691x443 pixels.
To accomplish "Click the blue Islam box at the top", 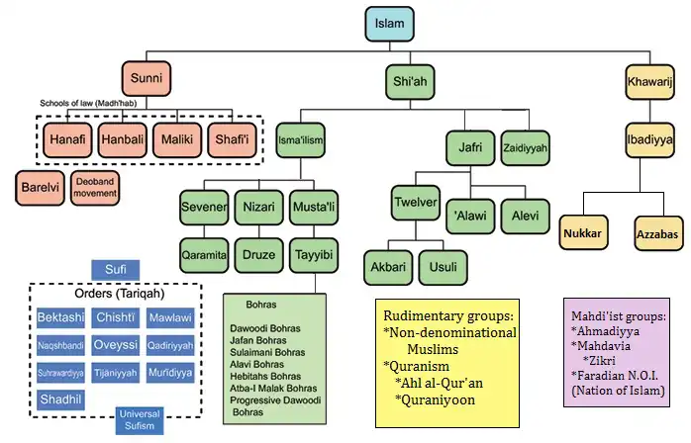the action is click(390, 24).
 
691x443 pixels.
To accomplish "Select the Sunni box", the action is click(147, 78).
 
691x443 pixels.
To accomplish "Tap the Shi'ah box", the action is click(410, 81).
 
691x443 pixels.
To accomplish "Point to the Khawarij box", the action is click(649, 82).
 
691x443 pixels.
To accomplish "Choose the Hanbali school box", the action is click(123, 140).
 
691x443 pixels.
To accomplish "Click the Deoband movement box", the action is click(95, 188).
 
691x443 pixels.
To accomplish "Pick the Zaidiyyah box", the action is click(525, 148).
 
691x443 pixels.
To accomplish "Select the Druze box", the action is click(258, 255).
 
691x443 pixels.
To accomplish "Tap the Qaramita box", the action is click(204, 255).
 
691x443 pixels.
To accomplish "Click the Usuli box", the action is click(443, 267).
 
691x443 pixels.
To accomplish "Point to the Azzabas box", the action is click(656, 233).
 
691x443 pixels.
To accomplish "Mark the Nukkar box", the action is click(583, 232).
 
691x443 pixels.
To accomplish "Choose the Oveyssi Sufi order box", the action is click(116, 345).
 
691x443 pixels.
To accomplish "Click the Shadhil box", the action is click(60, 399).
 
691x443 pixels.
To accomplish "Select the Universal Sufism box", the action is click(140, 420).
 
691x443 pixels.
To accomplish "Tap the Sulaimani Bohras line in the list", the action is click(267, 352).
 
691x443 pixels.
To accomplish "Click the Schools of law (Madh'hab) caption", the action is click(88, 103).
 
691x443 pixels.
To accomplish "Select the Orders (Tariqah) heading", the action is click(120, 294).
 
